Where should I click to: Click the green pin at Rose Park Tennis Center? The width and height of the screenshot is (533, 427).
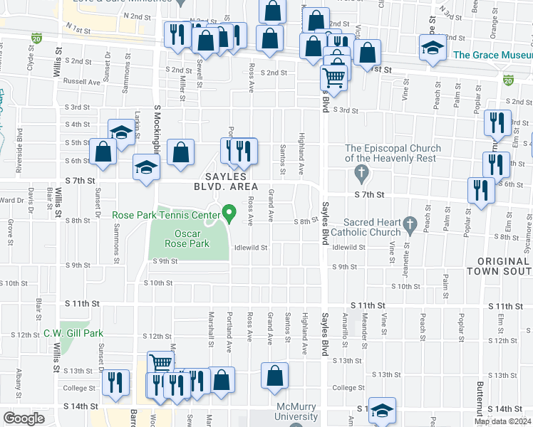(229, 212)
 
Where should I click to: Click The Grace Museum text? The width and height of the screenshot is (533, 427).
(492, 54)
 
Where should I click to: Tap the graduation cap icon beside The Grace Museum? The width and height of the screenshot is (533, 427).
(432, 48)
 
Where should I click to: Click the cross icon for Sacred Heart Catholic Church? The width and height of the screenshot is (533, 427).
(410, 224)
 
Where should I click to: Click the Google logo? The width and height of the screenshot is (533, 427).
(24, 418)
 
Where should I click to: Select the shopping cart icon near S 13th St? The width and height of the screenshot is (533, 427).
(161, 363)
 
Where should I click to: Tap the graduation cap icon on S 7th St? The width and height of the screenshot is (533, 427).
(147, 168)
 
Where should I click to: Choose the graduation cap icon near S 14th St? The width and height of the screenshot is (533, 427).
(382, 411)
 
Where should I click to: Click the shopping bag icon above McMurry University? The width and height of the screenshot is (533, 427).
(274, 375)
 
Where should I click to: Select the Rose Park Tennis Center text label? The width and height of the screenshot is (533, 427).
(165, 214)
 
